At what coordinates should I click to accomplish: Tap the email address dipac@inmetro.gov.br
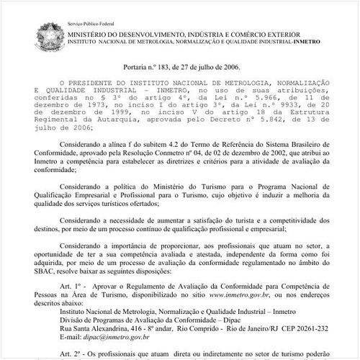pos(117,336)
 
